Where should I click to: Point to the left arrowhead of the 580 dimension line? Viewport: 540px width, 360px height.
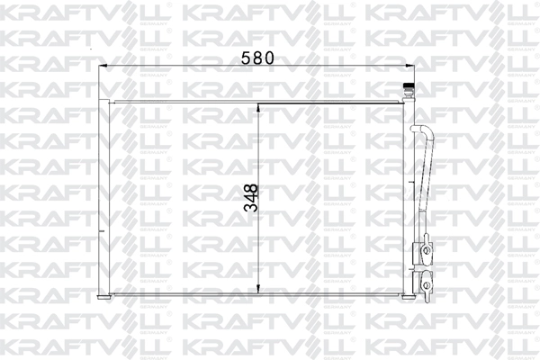[x=103, y=66]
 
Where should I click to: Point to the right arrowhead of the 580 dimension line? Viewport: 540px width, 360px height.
[x=409, y=66]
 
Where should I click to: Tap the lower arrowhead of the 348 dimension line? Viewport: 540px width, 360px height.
[x=259, y=292]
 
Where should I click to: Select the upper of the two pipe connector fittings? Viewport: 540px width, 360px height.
[x=423, y=252]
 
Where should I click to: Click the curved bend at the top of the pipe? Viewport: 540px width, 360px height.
[x=421, y=130]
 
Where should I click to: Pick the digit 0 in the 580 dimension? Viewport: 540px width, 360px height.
[x=269, y=57]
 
